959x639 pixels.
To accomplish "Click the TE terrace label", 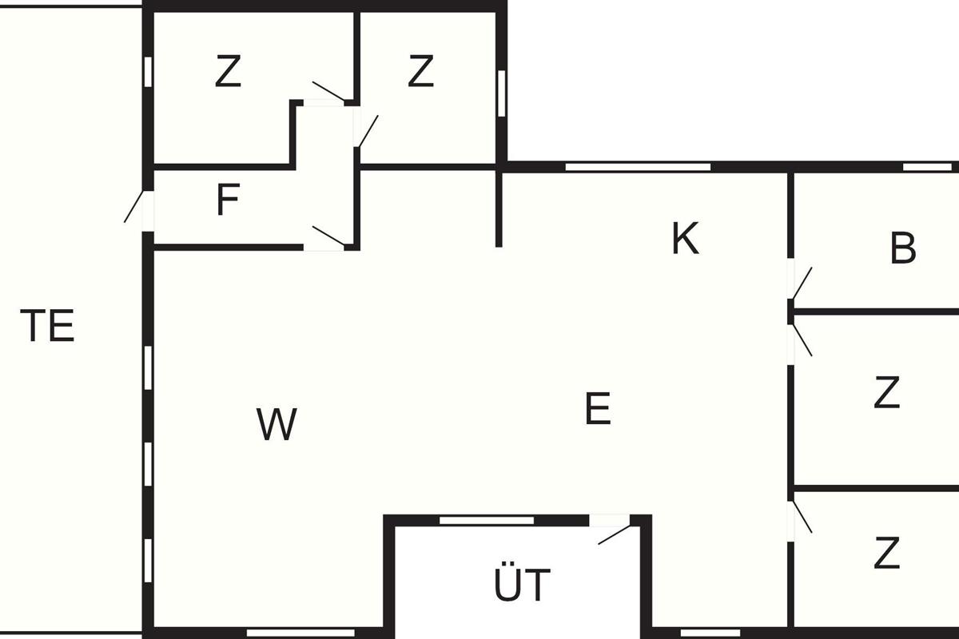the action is click(47, 326).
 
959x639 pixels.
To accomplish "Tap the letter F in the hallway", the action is click(228, 200).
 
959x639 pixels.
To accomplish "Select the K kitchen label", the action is click(685, 238).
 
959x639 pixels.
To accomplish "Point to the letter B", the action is click(903, 248).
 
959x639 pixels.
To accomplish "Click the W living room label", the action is click(277, 424).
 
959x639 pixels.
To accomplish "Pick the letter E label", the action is click(598, 409).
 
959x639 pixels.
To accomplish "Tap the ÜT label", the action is click(522, 584).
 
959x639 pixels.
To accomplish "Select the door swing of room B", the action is click(802, 283).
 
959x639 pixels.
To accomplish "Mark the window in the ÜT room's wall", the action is click(487, 521).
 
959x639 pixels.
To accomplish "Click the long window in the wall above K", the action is click(638, 167).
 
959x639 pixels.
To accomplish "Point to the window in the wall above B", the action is click(927, 167).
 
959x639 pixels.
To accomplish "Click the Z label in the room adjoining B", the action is click(886, 392).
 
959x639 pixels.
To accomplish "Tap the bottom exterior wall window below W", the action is click(301, 633).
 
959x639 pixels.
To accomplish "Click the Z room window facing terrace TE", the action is click(148, 72).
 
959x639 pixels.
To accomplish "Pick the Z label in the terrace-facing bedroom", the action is click(228, 71).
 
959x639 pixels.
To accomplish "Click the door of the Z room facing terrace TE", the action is click(328, 91).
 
